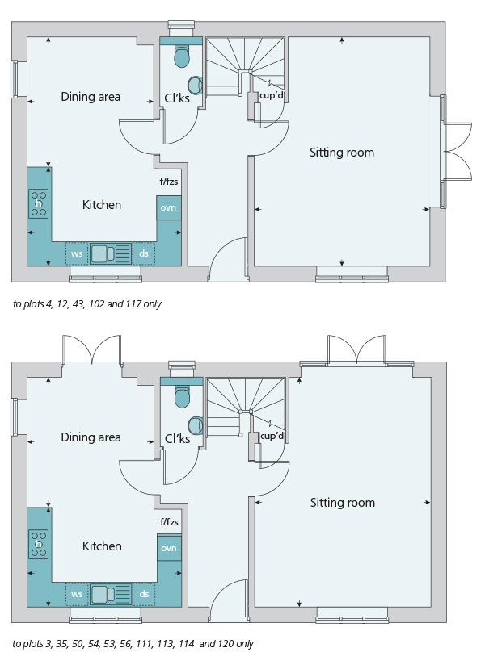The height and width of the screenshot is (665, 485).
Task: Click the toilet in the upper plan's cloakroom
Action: click(182, 56)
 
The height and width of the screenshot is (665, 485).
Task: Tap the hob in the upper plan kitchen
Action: click(38, 203)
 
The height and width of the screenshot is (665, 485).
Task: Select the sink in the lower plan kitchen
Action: click(111, 594)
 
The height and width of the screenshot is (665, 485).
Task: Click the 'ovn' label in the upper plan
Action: click(168, 208)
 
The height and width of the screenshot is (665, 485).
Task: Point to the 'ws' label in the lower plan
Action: click(77, 594)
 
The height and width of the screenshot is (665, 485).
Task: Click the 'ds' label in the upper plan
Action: click(144, 253)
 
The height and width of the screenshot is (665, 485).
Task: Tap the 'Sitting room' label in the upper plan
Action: click(342, 153)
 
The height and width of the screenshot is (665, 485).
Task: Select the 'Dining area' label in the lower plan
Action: click(91, 437)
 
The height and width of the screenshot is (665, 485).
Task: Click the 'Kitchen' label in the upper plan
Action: click(102, 205)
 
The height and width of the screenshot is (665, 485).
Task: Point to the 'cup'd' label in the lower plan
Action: click(272, 436)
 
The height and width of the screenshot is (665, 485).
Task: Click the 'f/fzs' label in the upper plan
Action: click(169, 182)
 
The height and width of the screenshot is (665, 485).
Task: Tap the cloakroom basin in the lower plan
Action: click(196, 425)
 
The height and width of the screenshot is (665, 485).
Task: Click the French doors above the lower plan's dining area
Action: click(91, 349)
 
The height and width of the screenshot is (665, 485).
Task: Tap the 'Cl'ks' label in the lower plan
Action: click(177, 438)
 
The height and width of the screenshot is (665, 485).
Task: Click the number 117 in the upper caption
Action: click(133, 304)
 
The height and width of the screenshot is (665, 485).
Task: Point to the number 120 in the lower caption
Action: click(226, 644)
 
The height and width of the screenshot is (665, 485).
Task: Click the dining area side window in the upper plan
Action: click(15, 79)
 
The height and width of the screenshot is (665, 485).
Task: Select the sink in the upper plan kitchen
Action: click(111, 253)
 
